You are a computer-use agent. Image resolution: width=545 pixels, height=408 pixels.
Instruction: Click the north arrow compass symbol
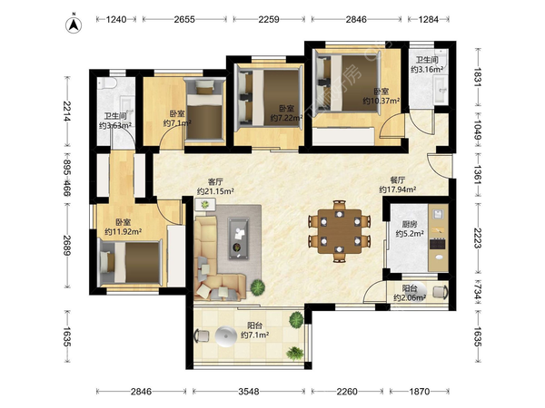[x=74, y=25]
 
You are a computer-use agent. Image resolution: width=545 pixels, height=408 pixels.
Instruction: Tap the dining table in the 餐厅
[x=340, y=231]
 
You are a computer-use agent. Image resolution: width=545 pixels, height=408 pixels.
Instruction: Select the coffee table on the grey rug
[x=238, y=238]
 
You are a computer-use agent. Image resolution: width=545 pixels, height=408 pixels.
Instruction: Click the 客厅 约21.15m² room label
[x=215, y=186]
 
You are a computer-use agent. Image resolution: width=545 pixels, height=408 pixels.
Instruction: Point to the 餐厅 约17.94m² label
[x=397, y=185]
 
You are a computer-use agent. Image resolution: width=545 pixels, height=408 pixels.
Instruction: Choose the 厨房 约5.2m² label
[x=410, y=229]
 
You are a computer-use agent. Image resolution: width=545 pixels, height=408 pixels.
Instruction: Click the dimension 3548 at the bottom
[x=249, y=392]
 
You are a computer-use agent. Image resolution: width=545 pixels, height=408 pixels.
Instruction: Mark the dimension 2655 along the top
[x=184, y=19]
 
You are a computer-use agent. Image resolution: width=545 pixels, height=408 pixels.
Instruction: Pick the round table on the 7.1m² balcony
[x=225, y=335]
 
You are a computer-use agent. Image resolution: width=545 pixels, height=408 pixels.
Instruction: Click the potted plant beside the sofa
[x=258, y=287]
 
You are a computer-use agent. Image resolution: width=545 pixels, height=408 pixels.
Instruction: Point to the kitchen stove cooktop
[x=437, y=244]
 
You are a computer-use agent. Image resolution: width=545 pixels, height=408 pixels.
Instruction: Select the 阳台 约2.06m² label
[x=410, y=293]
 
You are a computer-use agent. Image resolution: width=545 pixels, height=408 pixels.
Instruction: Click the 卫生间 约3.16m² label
[x=427, y=64]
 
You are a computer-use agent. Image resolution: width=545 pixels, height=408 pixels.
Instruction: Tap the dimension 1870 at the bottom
[x=419, y=392]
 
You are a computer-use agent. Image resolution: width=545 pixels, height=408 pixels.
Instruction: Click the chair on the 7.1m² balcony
[x=202, y=335]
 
